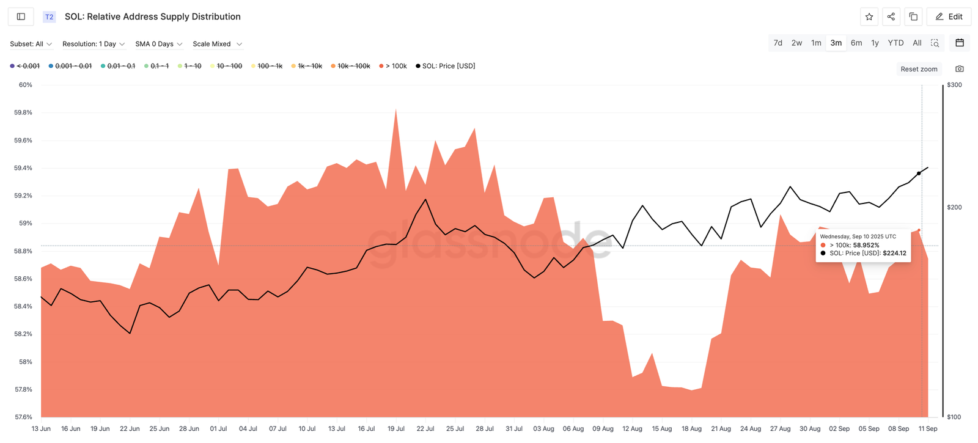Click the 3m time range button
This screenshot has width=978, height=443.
836,43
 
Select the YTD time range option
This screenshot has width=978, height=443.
895,43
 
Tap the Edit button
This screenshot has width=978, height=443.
949,16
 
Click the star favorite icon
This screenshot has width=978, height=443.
869,16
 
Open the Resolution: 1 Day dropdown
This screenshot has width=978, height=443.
94,44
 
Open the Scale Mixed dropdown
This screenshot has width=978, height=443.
217,44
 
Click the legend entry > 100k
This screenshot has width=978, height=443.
395,66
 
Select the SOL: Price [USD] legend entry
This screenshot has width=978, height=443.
448,66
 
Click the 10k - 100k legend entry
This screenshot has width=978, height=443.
353,66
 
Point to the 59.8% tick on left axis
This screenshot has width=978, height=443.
23,112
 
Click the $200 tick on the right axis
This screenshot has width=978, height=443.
954,207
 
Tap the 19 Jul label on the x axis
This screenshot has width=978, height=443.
395,428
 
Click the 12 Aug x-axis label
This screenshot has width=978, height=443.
632,428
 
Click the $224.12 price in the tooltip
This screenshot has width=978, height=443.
894,253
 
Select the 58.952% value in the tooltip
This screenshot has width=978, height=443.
866,245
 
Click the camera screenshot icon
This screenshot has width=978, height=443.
960,69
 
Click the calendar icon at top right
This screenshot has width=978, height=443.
960,43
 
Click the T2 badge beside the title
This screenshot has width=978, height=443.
49,16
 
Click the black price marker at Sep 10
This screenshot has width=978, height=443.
919,174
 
